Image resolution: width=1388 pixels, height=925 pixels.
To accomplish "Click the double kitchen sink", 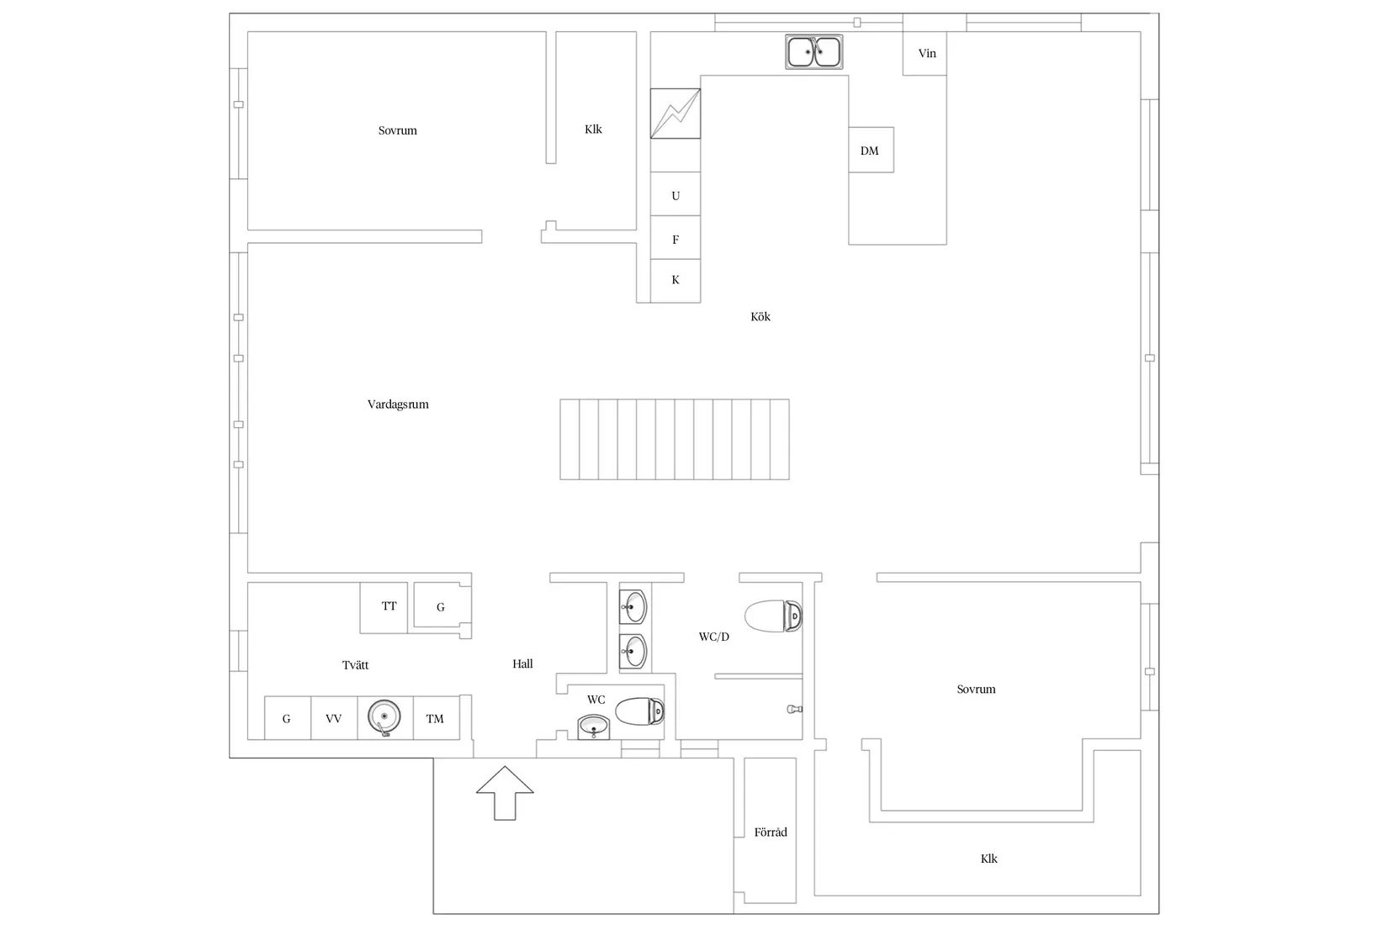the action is tap(813, 51).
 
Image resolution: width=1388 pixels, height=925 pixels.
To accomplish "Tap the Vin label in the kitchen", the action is tap(927, 53).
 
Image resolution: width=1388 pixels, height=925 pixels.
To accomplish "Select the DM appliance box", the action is tap(871, 150).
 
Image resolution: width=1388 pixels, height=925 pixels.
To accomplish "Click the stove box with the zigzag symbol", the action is tap(675, 114).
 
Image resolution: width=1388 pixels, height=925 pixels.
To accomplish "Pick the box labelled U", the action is tap(675, 194).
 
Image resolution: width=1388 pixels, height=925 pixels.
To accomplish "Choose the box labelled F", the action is tap(675, 237).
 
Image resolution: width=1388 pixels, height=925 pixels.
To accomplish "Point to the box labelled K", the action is tap(675, 281).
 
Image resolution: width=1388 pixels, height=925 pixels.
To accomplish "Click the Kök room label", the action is tap(760, 316).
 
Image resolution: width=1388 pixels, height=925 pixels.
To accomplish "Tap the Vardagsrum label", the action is tap(398, 404).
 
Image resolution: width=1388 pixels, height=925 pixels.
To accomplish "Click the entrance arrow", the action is tap(505, 793).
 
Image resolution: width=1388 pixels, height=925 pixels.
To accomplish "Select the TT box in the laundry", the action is tap(384, 607).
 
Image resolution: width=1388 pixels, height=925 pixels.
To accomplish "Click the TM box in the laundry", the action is tap(437, 718).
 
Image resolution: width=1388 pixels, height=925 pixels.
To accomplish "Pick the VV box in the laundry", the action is tap(334, 718).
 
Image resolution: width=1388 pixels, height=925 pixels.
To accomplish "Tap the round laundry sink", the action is tap(384, 717).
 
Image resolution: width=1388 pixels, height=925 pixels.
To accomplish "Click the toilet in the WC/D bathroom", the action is tap(773, 616).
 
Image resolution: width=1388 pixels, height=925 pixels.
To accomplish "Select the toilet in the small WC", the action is tap(639, 711).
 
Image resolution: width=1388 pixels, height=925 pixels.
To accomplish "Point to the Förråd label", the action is tap(771, 832).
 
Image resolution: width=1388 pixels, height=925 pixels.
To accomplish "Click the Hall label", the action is tap(522, 663).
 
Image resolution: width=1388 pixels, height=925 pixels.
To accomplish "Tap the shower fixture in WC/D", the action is tap(795, 709).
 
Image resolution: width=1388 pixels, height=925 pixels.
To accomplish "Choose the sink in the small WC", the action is tap(594, 727).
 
